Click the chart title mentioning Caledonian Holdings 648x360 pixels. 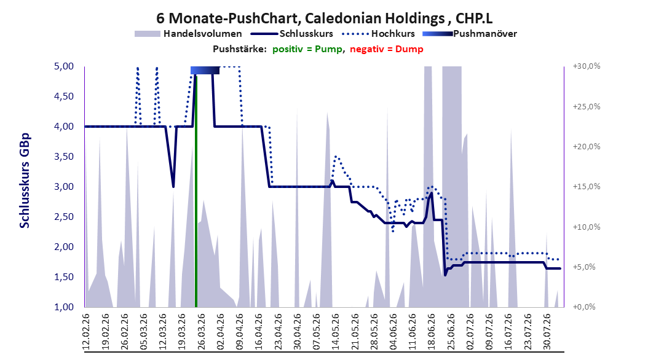[x=324, y=18]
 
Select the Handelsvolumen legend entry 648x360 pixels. [x=188, y=34]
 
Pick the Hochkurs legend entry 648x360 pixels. [x=379, y=34]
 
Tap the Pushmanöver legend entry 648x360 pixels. [x=470, y=34]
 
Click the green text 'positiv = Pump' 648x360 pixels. [x=307, y=49]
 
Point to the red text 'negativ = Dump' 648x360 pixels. [x=387, y=49]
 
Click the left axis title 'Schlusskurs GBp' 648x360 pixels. [x=25, y=181]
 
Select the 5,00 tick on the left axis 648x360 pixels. [x=64, y=66]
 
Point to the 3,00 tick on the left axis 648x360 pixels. [x=64, y=187]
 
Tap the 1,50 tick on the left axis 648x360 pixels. [x=64, y=277]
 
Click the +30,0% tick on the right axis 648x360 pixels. [x=587, y=66]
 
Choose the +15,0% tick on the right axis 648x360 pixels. [x=587, y=187]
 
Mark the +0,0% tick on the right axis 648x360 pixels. [x=584, y=307]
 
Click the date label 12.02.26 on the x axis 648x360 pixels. [x=86, y=332]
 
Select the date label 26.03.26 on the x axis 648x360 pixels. [x=202, y=332]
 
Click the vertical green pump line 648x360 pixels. [x=196, y=191]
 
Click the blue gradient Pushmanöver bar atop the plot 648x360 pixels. [x=205, y=70]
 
